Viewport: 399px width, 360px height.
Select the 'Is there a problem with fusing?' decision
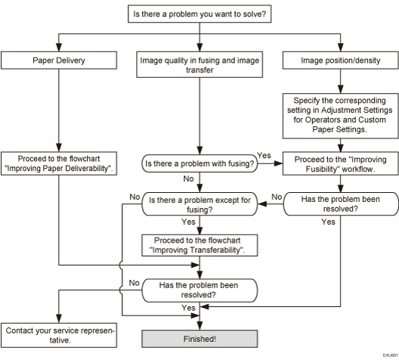tap(199, 162)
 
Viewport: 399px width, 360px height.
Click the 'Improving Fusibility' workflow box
tap(340, 162)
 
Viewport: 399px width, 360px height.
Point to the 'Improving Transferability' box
tap(199, 244)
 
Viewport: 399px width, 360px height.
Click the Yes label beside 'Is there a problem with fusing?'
tap(265, 154)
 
